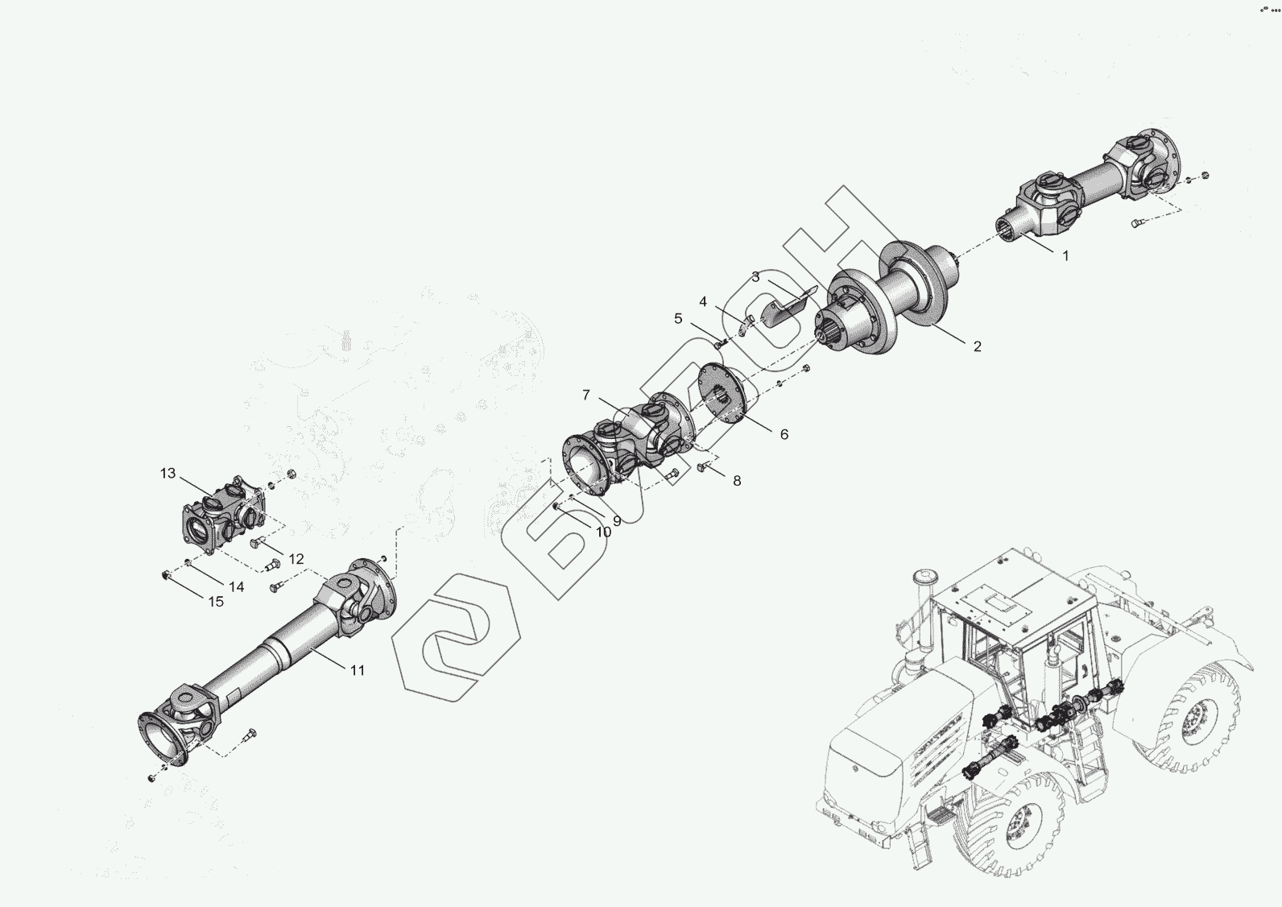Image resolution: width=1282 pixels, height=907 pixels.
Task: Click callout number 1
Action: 1065,256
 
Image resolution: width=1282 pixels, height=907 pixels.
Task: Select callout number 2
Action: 978,346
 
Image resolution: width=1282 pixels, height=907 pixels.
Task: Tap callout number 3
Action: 756,277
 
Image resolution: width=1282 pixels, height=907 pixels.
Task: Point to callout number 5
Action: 678,319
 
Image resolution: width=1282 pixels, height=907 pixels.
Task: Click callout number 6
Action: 784,435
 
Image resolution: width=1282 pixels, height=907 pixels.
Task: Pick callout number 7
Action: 586,395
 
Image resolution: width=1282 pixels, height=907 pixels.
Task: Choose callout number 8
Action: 737,481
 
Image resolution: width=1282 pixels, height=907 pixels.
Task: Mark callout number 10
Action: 603,532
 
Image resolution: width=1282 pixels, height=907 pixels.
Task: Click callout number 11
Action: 358,670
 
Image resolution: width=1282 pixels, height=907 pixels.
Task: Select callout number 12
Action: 296,559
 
